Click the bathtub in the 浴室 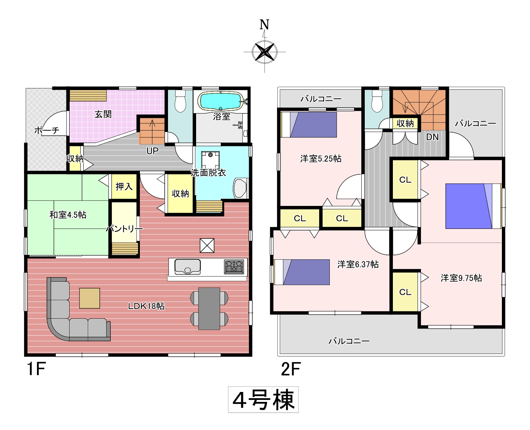(220, 101)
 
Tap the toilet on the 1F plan (180, 101)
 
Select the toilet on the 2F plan (377, 101)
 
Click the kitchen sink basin (188, 267)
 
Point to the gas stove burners (234, 267)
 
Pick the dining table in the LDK (209, 309)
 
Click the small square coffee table (89, 298)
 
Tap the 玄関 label (103, 114)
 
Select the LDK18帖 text (146, 306)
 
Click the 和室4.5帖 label (68, 214)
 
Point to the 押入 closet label (124, 186)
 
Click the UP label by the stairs (152, 151)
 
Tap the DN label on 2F (432, 137)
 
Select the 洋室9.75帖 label (461, 278)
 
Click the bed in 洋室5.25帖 (309, 125)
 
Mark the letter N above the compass (264, 25)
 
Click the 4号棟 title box (263, 400)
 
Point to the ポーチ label (47, 130)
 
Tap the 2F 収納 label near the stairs (405, 123)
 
